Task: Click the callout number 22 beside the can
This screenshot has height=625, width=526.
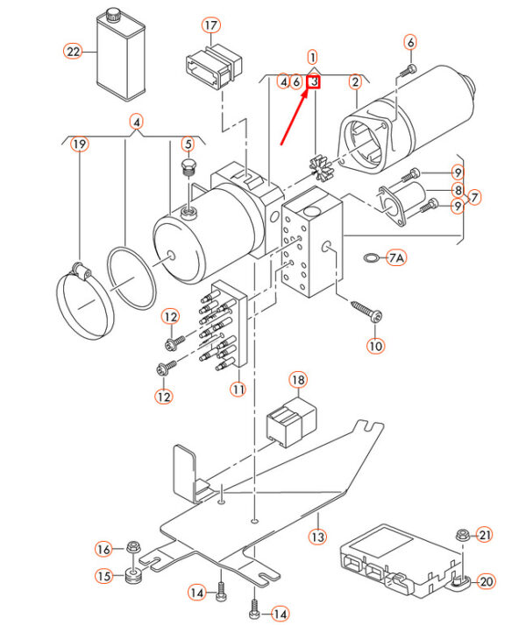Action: point(73,52)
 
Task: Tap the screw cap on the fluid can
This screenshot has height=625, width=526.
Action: point(114,14)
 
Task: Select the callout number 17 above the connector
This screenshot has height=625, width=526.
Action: point(211,25)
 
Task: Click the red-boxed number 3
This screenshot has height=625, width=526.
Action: point(315,81)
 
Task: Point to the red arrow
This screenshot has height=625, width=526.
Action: point(295,116)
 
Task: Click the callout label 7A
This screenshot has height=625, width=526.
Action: point(396,258)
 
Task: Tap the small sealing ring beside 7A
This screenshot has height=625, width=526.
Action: point(373,257)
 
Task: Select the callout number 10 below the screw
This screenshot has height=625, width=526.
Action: point(375,346)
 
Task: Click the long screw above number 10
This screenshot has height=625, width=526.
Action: point(366,312)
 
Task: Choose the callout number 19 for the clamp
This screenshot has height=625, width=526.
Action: point(80,144)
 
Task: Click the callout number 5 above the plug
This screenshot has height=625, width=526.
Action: point(188,144)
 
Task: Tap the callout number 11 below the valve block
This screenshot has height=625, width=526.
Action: point(238,389)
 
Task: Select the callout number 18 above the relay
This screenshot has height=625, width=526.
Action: point(299,380)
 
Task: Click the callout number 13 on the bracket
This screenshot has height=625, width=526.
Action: point(317,537)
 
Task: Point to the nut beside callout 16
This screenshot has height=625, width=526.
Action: point(133,546)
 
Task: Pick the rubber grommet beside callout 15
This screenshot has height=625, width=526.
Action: point(133,576)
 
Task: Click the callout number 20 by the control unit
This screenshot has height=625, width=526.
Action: point(486,581)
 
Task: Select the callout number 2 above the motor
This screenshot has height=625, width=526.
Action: point(355,81)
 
